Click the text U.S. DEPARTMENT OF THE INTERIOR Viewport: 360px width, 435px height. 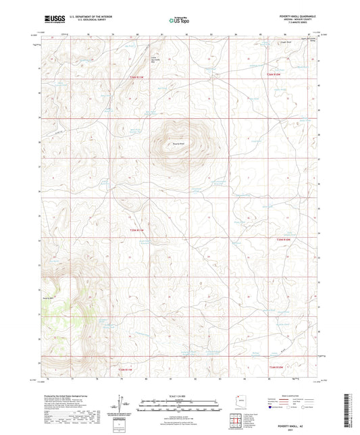click(86, 17)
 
